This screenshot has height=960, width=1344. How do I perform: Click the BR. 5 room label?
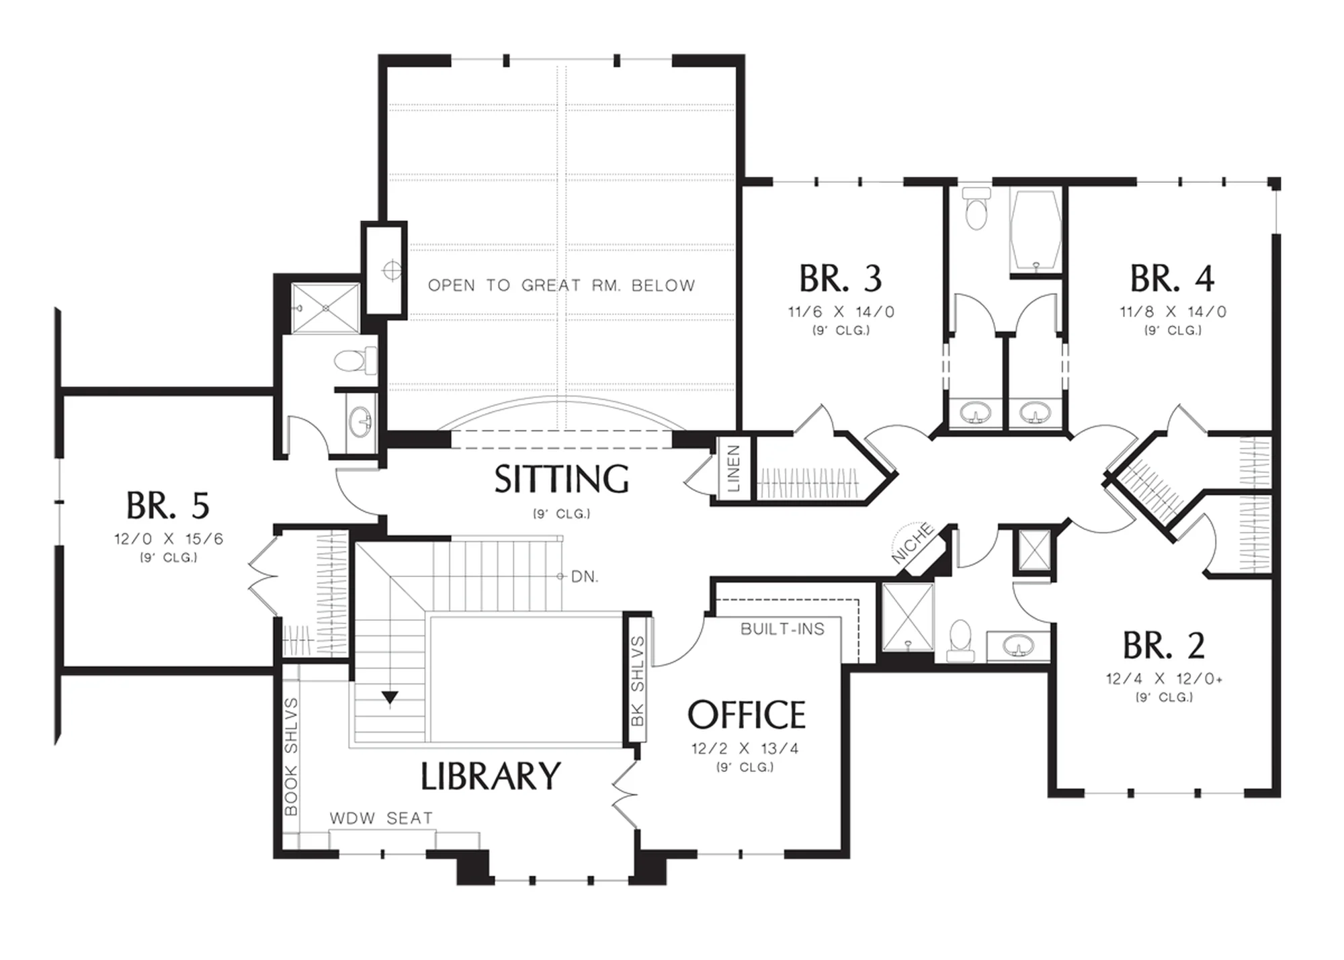coord(168,506)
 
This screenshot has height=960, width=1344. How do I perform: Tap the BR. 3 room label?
coord(841,279)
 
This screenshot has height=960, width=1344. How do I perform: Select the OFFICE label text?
coord(746,715)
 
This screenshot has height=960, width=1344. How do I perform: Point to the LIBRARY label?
coord(491,777)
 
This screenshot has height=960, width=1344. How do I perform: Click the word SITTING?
coord(562,480)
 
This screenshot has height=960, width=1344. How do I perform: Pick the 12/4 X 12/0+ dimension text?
coord(1165,679)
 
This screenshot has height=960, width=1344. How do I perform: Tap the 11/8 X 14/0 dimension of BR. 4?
coord(1173,312)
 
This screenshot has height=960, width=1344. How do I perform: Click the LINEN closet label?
coord(734,468)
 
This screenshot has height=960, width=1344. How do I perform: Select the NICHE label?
coord(913,543)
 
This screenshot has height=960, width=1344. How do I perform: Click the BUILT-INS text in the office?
coord(782,629)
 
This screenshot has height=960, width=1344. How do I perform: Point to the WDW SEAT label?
coord(381,818)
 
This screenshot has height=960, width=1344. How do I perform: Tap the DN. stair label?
coord(585,577)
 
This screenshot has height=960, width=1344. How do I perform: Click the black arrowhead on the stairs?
coord(390,698)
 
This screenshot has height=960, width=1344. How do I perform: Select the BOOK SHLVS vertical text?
coord(291,756)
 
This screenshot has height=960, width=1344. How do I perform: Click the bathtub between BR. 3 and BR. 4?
coord(1036,232)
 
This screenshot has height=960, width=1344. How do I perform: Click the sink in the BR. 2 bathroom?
coord(1018,646)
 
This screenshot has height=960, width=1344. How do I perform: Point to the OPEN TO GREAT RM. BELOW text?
coord(562,286)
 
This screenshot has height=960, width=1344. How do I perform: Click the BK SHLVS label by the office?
coord(638,681)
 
